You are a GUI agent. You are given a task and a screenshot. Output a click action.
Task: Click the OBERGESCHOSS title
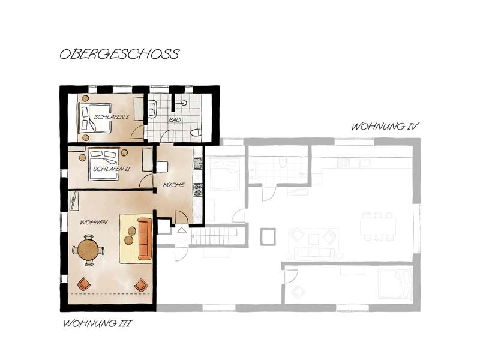click(x=119, y=54)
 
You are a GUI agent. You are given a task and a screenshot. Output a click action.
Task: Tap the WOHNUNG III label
click(x=97, y=323)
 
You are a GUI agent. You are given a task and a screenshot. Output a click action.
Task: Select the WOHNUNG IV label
click(x=385, y=127)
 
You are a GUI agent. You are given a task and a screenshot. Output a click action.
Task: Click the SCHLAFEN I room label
click(x=112, y=117)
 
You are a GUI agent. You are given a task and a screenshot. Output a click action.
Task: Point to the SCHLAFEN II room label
click(x=112, y=169)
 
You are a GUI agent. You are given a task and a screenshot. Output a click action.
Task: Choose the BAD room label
click(x=175, y=120)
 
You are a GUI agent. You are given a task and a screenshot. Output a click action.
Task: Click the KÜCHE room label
click(x=173, y=185)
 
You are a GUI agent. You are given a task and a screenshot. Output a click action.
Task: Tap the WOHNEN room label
click(x=94, y=223)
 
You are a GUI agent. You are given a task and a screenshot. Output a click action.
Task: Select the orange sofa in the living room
click(x=145, y=238)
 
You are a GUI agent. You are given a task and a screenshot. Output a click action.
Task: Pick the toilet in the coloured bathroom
click(x=196, y=133)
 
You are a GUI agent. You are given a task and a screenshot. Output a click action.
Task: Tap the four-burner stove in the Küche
click(x=198, y=190)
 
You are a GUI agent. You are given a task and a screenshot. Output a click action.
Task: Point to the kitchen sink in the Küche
click(x=198, y=163)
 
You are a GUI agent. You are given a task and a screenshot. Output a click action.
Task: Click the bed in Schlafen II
click(x=104, y=164)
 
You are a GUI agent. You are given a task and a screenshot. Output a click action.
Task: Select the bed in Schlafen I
click(x=95, y=118)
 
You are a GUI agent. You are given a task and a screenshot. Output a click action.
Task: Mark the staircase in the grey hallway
click(x=215, y=236)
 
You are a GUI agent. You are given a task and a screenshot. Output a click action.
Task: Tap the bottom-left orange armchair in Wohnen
click(x=85, y=284)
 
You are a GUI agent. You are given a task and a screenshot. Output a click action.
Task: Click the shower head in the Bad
click(x=184, y=103)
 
